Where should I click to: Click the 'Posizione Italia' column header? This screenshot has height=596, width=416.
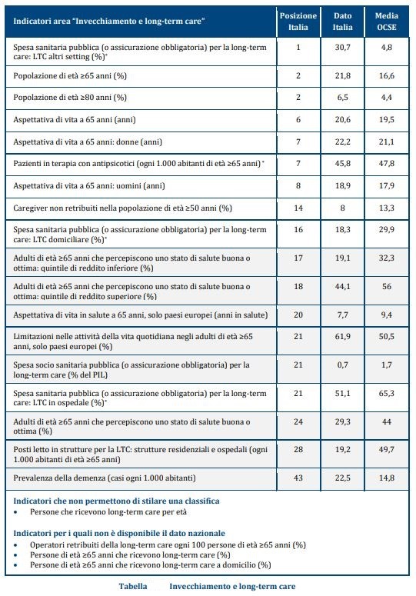(298, 22)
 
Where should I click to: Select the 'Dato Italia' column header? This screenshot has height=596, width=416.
(343, 22)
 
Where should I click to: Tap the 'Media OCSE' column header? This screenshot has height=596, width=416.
(386, 22)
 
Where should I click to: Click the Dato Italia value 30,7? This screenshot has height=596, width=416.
(343, 48)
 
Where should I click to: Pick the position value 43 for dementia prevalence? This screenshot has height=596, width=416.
(298, 478)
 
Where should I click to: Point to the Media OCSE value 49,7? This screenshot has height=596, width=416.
(386, 449)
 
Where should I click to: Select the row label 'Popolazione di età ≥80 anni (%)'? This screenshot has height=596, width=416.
(70, 98)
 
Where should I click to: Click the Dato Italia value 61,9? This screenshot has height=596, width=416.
(343, 336)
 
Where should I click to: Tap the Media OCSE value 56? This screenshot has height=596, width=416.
(386, 286)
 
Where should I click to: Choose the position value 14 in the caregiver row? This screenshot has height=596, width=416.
(298, 208)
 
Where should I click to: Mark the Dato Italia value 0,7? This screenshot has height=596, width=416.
(343, 365)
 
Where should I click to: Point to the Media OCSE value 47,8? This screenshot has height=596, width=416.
(386, 164)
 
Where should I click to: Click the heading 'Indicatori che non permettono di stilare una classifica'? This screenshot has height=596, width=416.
(116, 501)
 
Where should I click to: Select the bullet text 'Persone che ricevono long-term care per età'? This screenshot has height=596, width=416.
(108, 511)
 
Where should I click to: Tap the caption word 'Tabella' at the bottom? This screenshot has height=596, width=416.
(133, 586)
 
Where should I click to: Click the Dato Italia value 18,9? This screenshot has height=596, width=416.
(343, 185)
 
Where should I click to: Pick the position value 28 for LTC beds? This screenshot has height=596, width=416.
(298, 449)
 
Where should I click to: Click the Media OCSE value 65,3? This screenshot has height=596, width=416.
(386, 394)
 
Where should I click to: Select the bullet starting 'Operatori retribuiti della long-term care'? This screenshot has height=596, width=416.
(168, 544)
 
